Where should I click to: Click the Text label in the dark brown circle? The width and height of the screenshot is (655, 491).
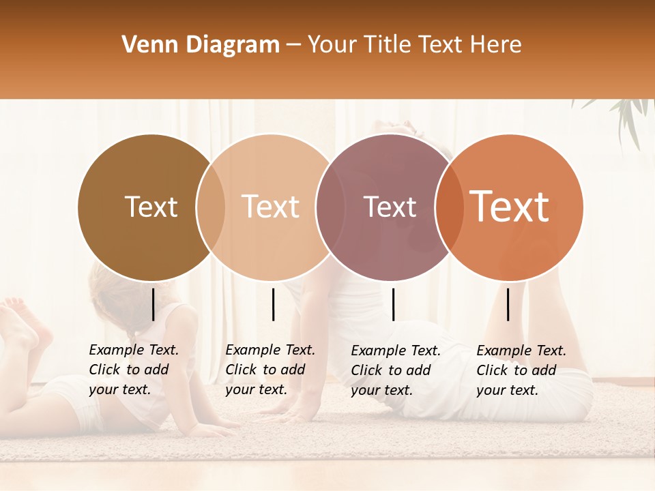[x=151, y=207]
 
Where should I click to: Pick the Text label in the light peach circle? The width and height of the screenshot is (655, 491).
[x=271, y=207]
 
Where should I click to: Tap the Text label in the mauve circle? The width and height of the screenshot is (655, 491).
[x=390, y=207]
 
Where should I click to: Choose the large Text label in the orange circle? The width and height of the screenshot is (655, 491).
[x=510, y=206]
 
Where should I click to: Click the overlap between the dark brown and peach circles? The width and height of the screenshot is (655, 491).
[x=211, y=207]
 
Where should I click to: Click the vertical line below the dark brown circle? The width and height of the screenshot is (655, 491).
[x=153, y=304]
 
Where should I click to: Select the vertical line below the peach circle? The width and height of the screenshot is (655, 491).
[x=273, y=304]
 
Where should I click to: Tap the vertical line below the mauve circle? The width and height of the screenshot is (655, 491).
[x=393, y=304]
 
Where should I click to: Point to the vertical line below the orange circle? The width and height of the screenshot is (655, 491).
[x=508, y=304]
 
